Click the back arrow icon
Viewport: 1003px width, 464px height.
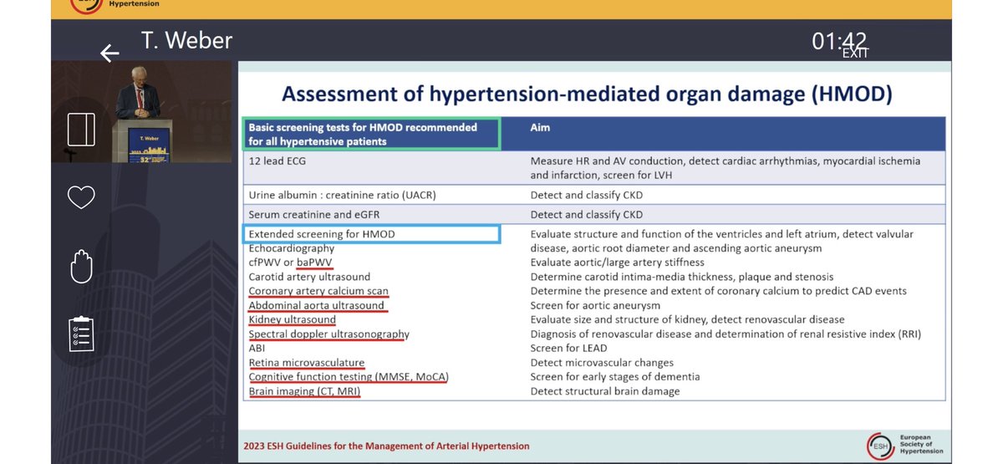(x=109, y=54)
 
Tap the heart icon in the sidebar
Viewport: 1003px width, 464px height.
(x=81, y=197)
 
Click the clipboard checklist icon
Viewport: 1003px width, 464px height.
(x=81, y=334)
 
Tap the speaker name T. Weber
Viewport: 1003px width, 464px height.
(x=186, y=40)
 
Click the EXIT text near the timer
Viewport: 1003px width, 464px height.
(x=854, y=54)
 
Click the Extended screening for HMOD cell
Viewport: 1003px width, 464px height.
(x=322, y=234)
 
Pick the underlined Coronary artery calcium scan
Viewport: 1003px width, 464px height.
(x=318, y=291)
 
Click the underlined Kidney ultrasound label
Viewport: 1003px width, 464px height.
(x=293, y=319)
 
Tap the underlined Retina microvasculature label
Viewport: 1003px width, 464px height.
(x=307, y=363)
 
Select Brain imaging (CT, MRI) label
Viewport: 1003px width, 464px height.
(x=304, y=391)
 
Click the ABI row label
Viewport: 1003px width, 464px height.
(x=257, y=348)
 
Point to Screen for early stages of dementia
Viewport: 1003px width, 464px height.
(x=615, y=377)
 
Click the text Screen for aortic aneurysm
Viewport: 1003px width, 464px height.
(x=595, y=305)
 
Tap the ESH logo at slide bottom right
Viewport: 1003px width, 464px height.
(x=879, y=446)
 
